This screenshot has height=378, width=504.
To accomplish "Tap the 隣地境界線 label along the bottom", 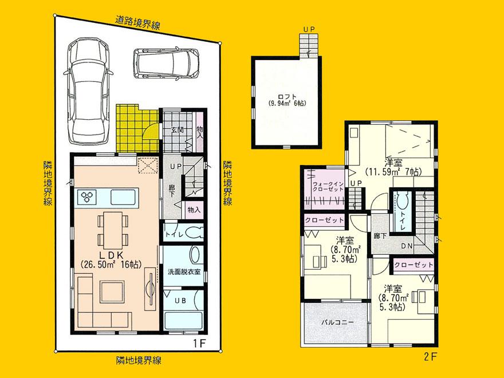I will pos(137,361).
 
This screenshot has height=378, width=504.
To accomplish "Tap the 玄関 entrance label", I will pos(176,130).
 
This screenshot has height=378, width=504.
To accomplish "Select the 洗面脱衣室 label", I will pos(184,271).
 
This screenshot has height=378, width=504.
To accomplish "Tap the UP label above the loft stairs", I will pos(310,29).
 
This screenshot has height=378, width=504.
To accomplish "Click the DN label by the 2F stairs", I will pos(408,246).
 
